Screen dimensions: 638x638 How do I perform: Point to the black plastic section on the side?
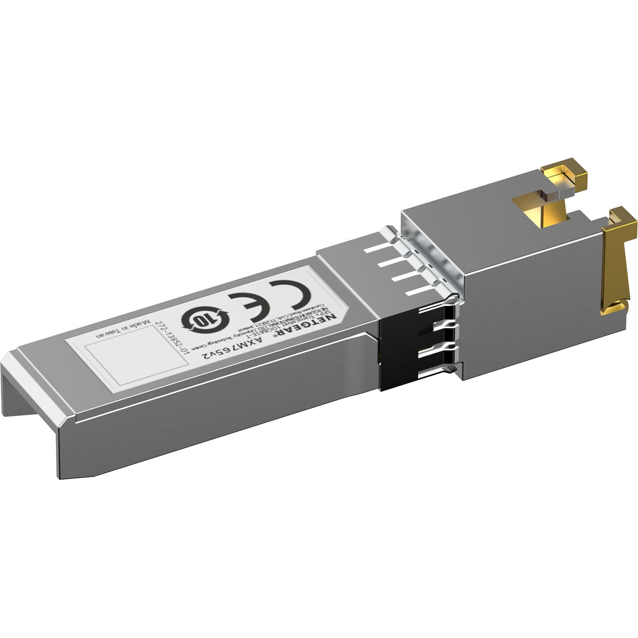point(398,357)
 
